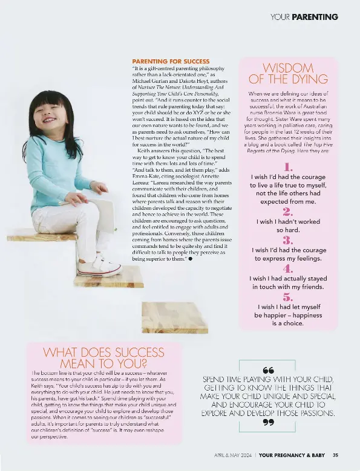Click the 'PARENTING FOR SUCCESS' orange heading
pyautogui.click(x=171, y=61)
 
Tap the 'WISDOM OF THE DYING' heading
pyautogui.click(x=288, y=73)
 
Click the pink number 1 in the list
pyautogui.click(x=288, y=166)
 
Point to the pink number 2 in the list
pyautogui.click(x=288, y=211)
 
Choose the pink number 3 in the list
pyautogui.click(x=288, y=239)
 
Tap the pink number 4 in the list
pyautogui.click(x=288, y=268)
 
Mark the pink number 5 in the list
pyautogui.click(x=288, y=297)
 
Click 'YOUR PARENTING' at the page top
pyautogui.click(x=304, y=17)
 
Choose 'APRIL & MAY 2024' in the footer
pyautogui.click(x=232, y=455)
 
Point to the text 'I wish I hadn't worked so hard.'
pyautogui.click(x=288, y=226)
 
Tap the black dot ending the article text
pyautogui.click(x=191, y=258)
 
